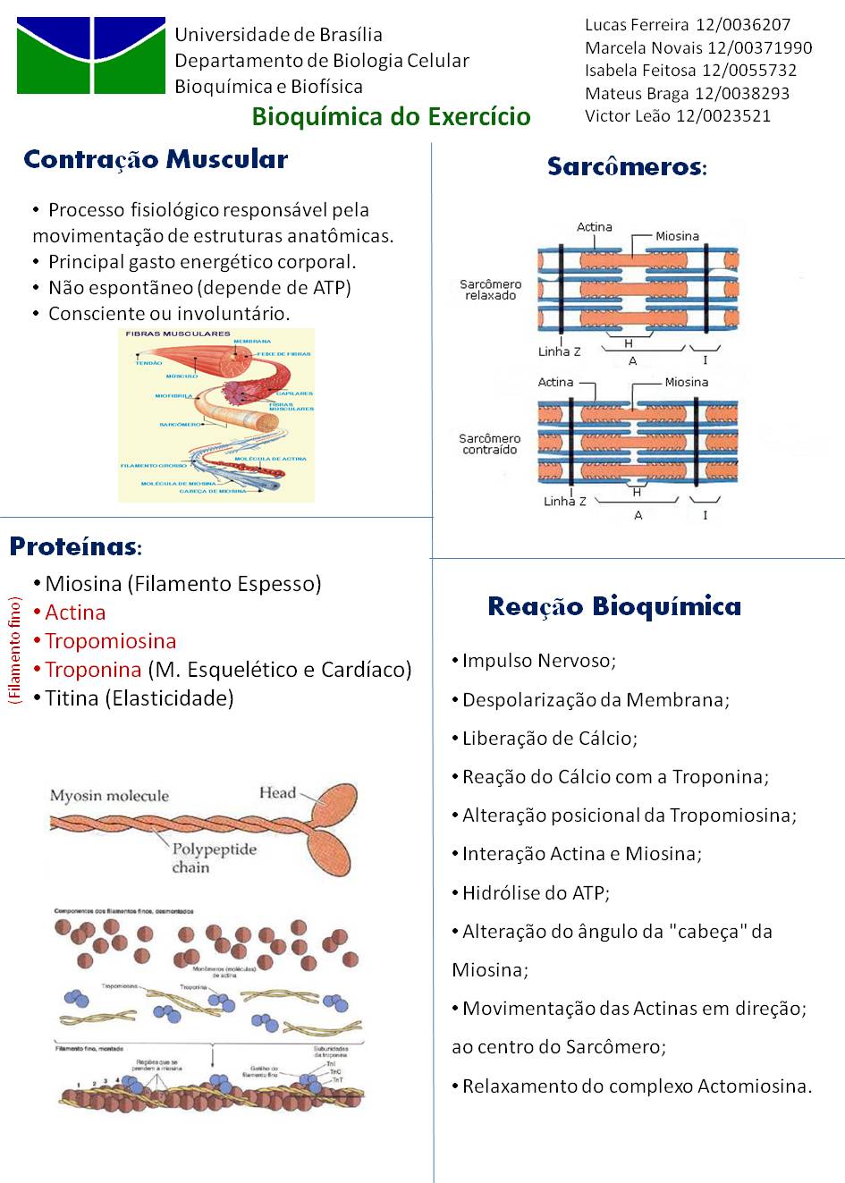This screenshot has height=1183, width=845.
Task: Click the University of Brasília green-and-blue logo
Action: pos(91,55)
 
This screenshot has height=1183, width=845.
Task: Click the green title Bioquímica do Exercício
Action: pos(391,116)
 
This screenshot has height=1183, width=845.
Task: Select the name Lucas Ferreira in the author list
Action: pos(637,25)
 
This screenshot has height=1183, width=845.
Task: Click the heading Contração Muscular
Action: pos(156,160)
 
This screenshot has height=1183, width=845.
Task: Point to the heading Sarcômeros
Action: pos(626,166)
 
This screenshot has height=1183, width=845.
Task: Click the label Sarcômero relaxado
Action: pos(490,290)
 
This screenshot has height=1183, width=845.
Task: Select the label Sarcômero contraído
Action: pos(489,444)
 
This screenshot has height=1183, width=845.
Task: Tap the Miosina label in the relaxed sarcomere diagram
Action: pos(677,236)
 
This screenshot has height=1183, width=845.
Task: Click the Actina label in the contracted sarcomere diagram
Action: pos(555,382)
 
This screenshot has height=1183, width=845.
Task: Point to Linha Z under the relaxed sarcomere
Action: pos(559,351)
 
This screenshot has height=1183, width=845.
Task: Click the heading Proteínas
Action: pos(75,546)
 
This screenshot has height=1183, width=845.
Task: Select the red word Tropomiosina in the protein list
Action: pos(111,641)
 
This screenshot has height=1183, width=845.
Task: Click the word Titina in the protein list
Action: pos(72,698)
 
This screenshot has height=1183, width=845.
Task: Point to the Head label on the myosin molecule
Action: pos(277,792)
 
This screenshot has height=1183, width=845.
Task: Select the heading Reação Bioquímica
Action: pos(614,606)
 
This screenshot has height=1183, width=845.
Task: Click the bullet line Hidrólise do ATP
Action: pos(535,892)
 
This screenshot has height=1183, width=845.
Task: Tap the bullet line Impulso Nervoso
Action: pos(538,661)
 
